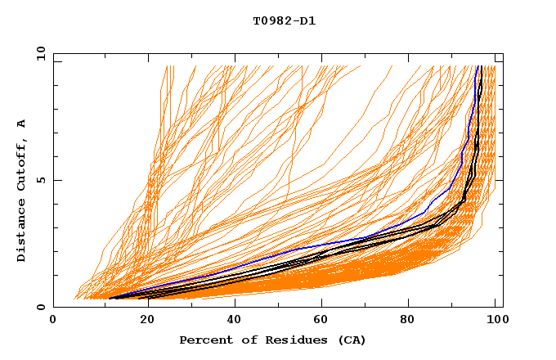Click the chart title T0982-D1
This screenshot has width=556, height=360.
(284, 20)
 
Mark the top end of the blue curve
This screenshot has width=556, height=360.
(478, 66)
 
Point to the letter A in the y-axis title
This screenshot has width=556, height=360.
(22, 123)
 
